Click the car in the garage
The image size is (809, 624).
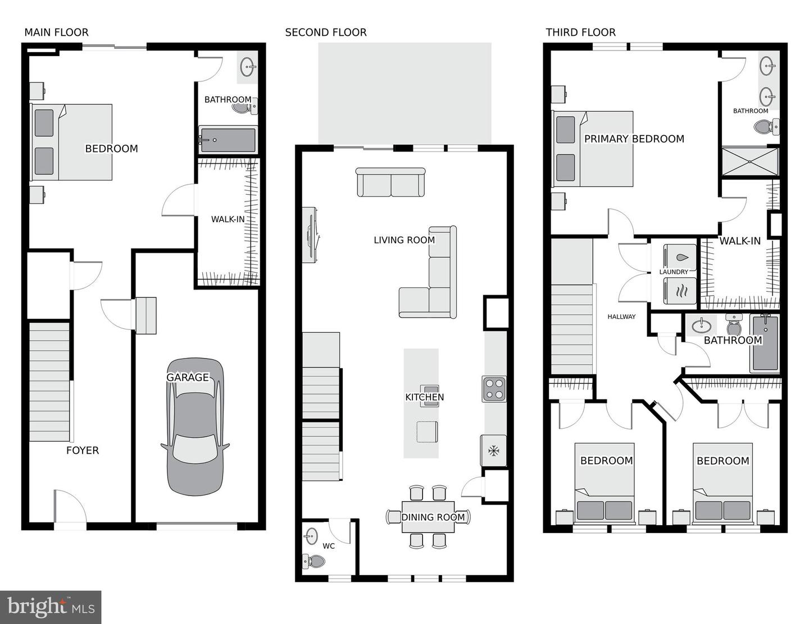(x=195, y=426)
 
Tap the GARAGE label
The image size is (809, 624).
(x=187, y=377)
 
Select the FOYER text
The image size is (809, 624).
(x=83, y=451)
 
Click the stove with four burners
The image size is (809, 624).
(x=494, y=389)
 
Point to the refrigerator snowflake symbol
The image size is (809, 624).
(x=494, y=451)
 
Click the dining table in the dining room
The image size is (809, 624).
(x=428, y=517)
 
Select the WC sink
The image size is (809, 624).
(x=311, y=536)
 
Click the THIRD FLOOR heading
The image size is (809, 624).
(x=581, y=33)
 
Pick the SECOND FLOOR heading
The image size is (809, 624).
(x=326, y=33)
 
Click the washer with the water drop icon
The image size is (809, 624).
(x=680, y=257)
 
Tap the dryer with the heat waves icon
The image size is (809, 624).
(x=680, y=291)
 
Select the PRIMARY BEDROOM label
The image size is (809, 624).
(x=634, y=139)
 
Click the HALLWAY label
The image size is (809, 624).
(x=621, y=316)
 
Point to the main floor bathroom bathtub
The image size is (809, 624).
(x=228, y=140)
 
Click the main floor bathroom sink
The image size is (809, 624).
(x=248, y=67)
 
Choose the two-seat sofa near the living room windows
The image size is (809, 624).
(x=390, y=182)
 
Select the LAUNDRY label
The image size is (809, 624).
(x=674, y=272)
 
